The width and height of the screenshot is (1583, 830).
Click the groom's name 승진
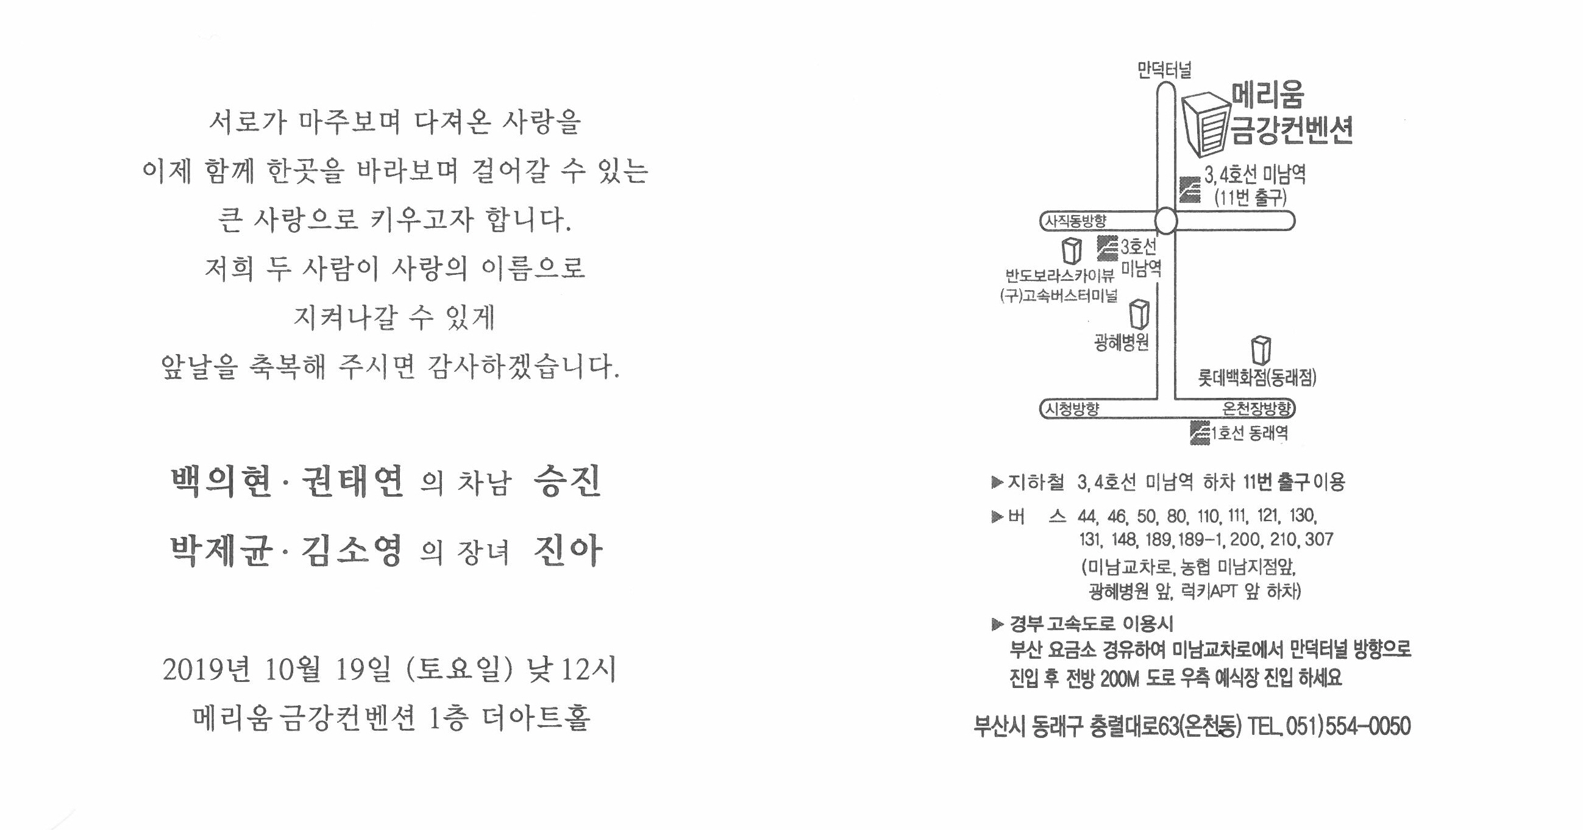(568, 481)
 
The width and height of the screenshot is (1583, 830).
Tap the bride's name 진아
(568, 550)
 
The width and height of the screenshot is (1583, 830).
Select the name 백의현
(222, 481)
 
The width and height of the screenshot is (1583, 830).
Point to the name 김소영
(352, 550)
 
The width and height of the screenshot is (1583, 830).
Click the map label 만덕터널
(1164, 70)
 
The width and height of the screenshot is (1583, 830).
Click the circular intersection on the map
(1165, 221)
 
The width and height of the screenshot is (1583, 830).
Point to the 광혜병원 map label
(1122, 342)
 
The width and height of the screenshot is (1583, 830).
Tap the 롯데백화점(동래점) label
(1258, 377)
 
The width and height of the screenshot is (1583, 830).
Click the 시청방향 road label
(1072, 409)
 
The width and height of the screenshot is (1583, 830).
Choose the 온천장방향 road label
(1257, 408)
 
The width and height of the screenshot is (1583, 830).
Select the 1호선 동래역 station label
(1249, 433)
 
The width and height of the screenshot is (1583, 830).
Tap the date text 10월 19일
(327, 670)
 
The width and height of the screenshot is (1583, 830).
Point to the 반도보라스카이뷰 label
(1059, 275)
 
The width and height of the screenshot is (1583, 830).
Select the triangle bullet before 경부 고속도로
(997, 625)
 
